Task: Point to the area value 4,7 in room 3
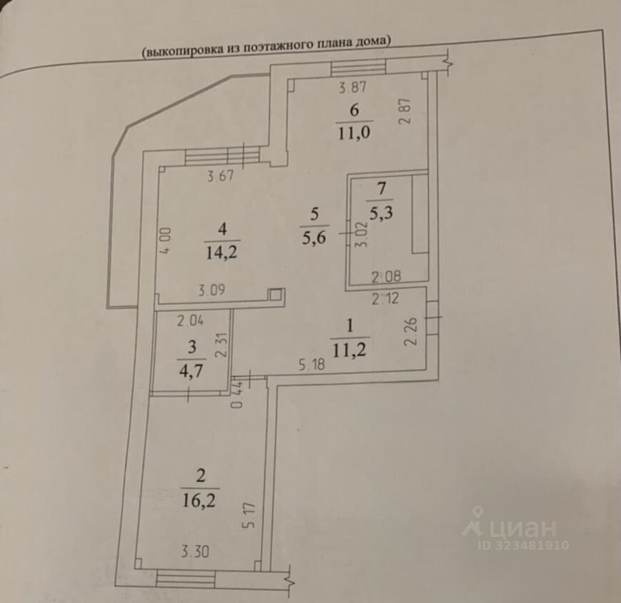pos(192,371)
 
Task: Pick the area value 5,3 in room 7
pos(381,213)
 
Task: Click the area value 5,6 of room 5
pos(314,238)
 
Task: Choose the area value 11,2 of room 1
pos(350,350)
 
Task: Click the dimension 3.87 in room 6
pos(353,87)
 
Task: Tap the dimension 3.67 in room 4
pos(221,175)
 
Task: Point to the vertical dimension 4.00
pos(166,240)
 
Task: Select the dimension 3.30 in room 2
pos(196,551)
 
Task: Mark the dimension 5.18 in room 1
pos(312,364)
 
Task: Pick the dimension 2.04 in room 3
pos(191,320)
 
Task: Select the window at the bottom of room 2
pos(186,578)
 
